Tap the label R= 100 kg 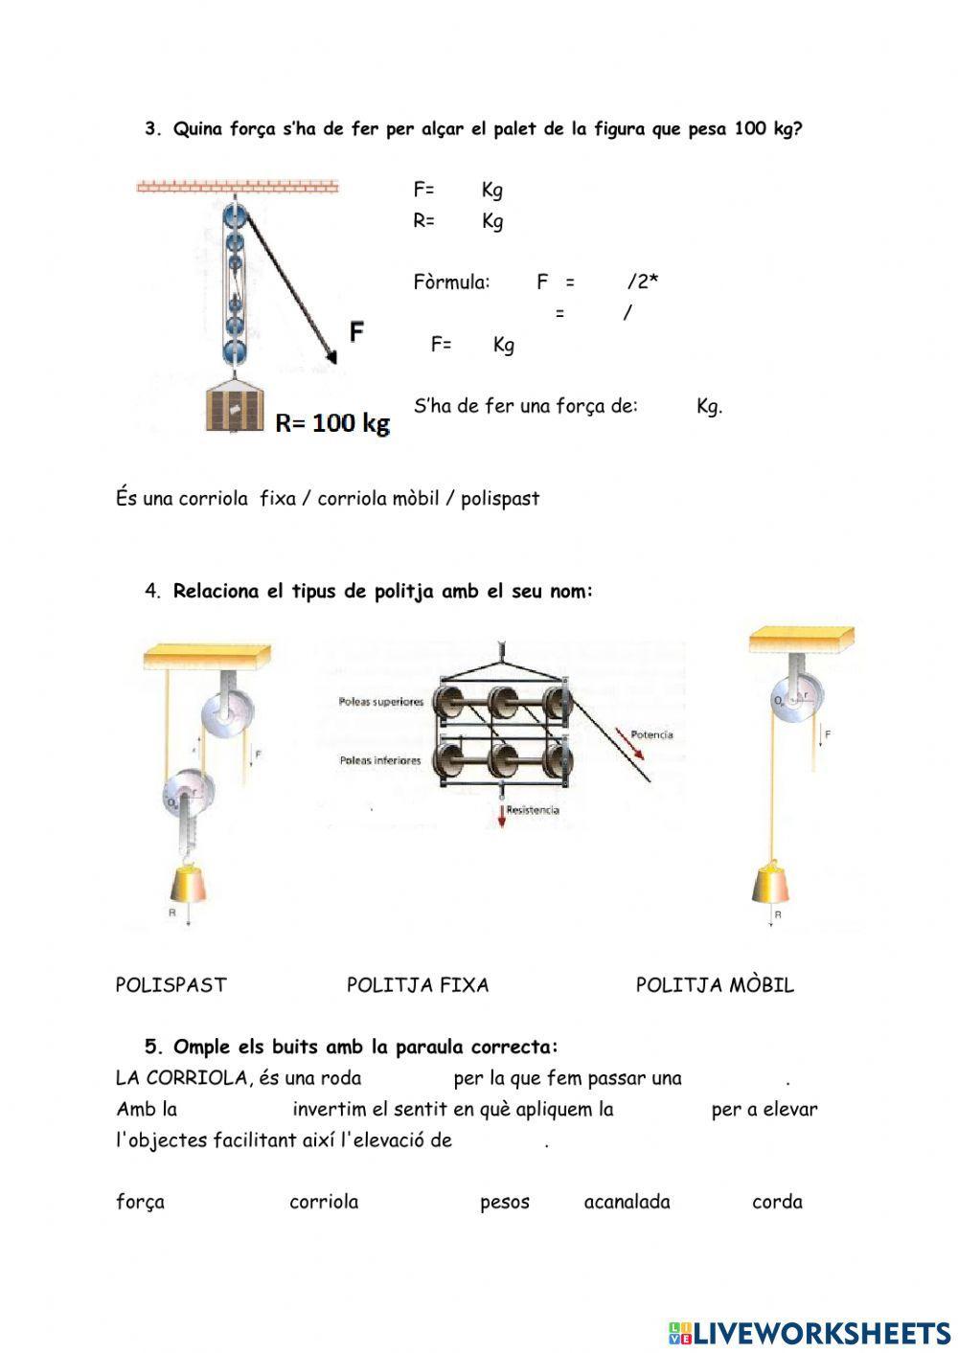click(x=332, y=423)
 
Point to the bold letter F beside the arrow click(x=356, y=331)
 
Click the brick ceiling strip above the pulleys click(x=238, y=186)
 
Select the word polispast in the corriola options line click(x=500, y=499)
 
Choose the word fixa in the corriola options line click(x=278, y=499)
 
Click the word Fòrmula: click(x=451, y=282)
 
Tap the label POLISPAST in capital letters click(x=171, y=985)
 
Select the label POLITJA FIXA click(x=418, y=985)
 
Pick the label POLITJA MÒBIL click(x=715, y=985)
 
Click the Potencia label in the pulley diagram click(x=651, y=734)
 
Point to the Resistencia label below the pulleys click(x=533, y=810)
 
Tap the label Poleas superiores click(x=380, y=702)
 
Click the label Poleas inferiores click(x=379, y=760)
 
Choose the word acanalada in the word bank click(x=627, y=1202)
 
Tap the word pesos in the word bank click(x=504, y=1202)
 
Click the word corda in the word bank click(x=777, y=1202)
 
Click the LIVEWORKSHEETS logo click(x=809, y=1332)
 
